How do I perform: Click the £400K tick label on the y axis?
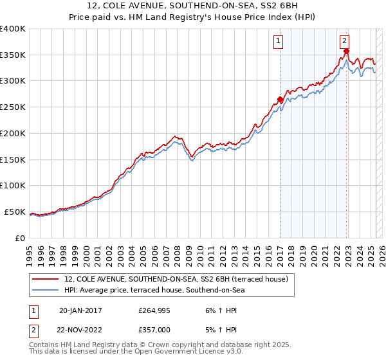click(x=13, y=29)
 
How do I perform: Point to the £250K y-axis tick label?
click(x=13, y=107)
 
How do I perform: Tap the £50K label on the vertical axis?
click(x=15, y=212)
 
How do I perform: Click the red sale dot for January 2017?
click(x=280, y=100)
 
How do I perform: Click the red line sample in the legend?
click(x=45, y=279)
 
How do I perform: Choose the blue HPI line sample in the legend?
click(x=45, y=291)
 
